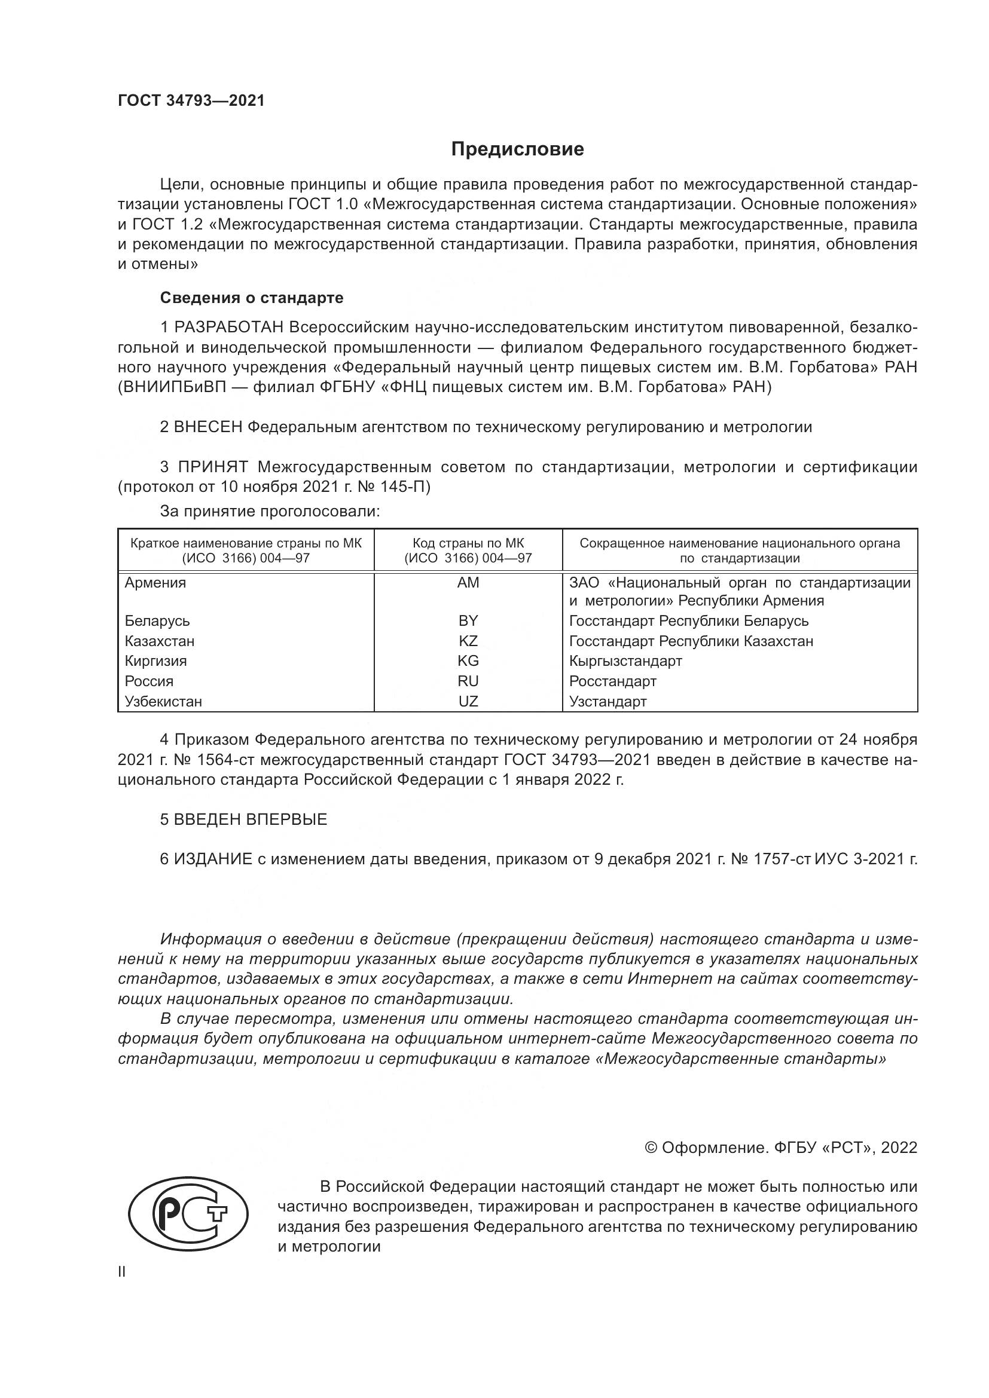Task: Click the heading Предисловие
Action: click(x=517, y=149)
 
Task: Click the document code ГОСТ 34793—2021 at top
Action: click(x=191, y=101)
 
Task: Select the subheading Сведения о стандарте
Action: click(x=252, y=298)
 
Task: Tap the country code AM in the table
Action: click(x=468, y=583)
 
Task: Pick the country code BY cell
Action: click(x=468, y=620)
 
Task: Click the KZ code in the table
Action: click(x=468, y=641)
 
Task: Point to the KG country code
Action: click(x=468, y=660)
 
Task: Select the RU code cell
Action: click(x=468, y=681)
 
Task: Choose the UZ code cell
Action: click(x=468, y=701)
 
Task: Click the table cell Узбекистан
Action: click(x=163, y=701)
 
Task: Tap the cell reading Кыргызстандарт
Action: click(x=625, y=660)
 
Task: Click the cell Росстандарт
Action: click(x=613, y=681)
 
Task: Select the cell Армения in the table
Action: click(x=155, y=583)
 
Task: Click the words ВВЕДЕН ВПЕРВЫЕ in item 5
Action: click(x=251, y=819)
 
